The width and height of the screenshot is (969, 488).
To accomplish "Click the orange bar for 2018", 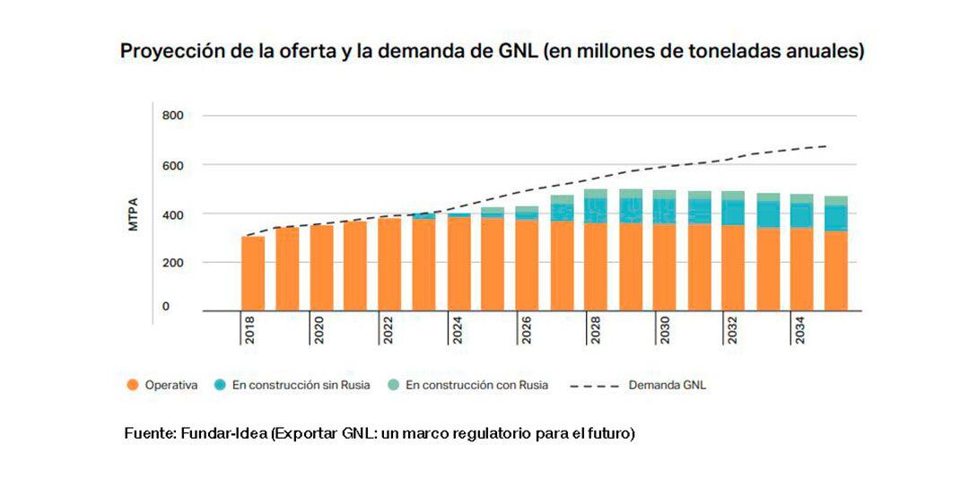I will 253,274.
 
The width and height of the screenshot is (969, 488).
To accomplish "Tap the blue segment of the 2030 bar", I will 665,211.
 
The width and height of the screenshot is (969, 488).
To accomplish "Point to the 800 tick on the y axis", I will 172,116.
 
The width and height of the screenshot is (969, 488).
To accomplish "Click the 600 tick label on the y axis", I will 172,165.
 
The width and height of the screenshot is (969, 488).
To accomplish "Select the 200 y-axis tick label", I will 172,263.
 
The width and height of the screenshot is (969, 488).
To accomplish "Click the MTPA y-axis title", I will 134,214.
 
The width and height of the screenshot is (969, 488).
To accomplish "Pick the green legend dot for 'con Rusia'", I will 392,386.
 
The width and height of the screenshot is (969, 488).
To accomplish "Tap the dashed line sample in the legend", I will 592,386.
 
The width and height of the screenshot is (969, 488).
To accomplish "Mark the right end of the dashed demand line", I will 825,146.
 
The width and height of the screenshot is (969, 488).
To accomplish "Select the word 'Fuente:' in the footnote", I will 150,434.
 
